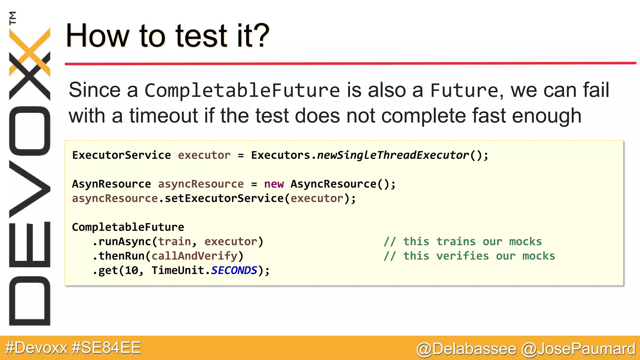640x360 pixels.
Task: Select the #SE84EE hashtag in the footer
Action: [x=106, y=348]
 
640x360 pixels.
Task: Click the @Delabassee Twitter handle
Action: [x=466, y=349]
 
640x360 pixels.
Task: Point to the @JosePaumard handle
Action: [x=578, y=349]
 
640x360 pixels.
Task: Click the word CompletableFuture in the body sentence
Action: [x=242, y=91]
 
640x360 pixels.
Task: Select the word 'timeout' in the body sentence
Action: [x=164, y=116]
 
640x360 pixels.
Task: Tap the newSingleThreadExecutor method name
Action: [x=393, y=155]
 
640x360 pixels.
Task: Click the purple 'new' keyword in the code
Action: [x=274, y=184]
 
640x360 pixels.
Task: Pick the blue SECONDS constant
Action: [x=234, y=270]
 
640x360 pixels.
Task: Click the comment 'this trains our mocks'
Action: [x=462, y=242]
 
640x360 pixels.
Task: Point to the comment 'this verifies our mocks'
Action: [x=469, y=256]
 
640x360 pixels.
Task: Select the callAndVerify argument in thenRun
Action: [x=194, y=256]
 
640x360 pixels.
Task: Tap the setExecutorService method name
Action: [x=224, y=198]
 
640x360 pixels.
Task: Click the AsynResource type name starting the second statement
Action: [x=111, y=184]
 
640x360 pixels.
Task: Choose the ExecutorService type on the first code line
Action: [x=122, y=155]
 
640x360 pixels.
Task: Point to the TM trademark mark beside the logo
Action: [x=12, y=18]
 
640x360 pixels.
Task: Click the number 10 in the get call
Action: [x=132, y=271]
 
